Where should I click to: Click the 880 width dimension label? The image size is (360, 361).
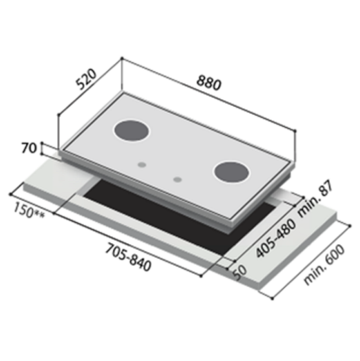tap(209, 82)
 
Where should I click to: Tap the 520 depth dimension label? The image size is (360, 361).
tap(86, 79)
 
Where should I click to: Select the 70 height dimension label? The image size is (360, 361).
tap(29, 148)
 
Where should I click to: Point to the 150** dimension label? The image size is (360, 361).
tap(29, 210)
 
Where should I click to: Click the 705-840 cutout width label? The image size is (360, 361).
tap(128, 258)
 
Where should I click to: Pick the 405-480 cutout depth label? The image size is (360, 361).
tap(276, 238)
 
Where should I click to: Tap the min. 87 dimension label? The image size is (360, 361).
tap(316, 198)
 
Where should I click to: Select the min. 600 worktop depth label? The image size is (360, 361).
tap(325, 265)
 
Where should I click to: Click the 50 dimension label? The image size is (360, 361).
tap(239, 273)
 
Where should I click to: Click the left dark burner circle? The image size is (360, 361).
tap(131, 131)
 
